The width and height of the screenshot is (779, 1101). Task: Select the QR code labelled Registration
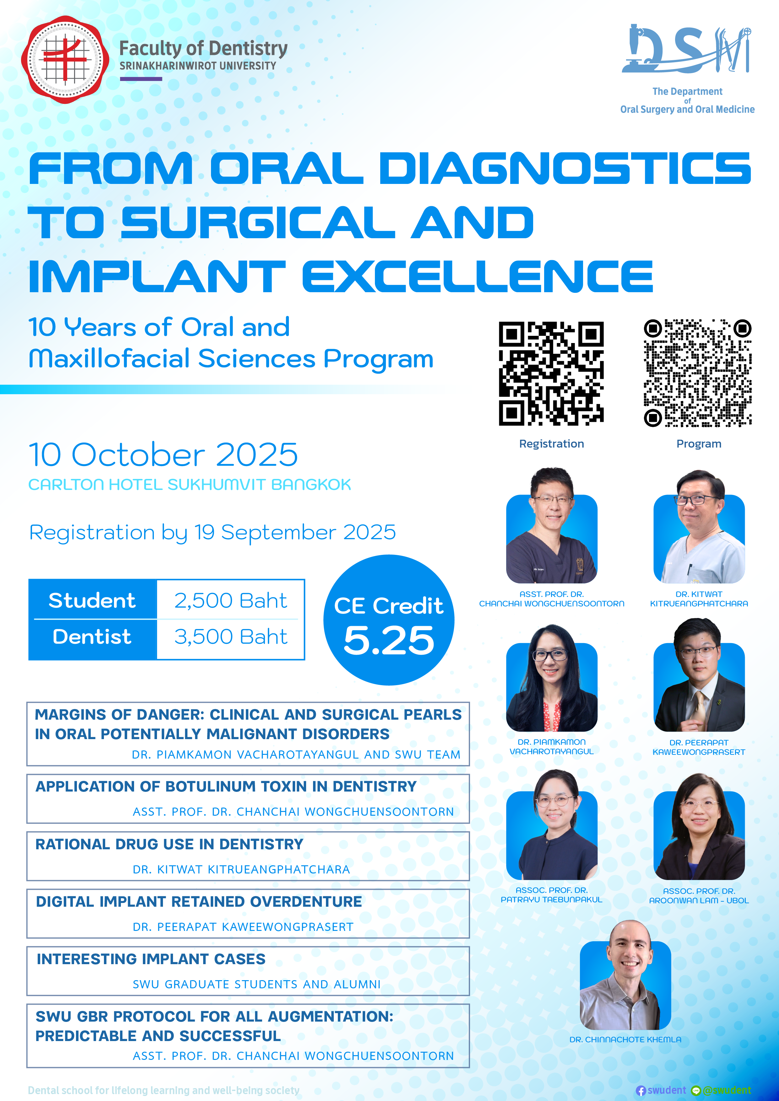coord(551,373)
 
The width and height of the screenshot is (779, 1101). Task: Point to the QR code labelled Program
coord(697,373)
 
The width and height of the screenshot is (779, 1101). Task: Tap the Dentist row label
coord(92,637)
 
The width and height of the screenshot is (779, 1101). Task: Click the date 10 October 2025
coord(163,454)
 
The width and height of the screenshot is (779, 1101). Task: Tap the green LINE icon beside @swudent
coord(696,1090)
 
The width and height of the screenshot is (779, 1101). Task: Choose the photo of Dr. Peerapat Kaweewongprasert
coord(699,675)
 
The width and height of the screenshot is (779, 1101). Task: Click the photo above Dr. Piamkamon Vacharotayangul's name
coord(552,678)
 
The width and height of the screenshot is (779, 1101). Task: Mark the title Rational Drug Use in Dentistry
coord(169,844)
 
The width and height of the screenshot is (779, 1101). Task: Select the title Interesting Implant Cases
coord(151,959)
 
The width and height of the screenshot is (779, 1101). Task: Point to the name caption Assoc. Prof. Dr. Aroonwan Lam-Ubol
coord(699,896)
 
